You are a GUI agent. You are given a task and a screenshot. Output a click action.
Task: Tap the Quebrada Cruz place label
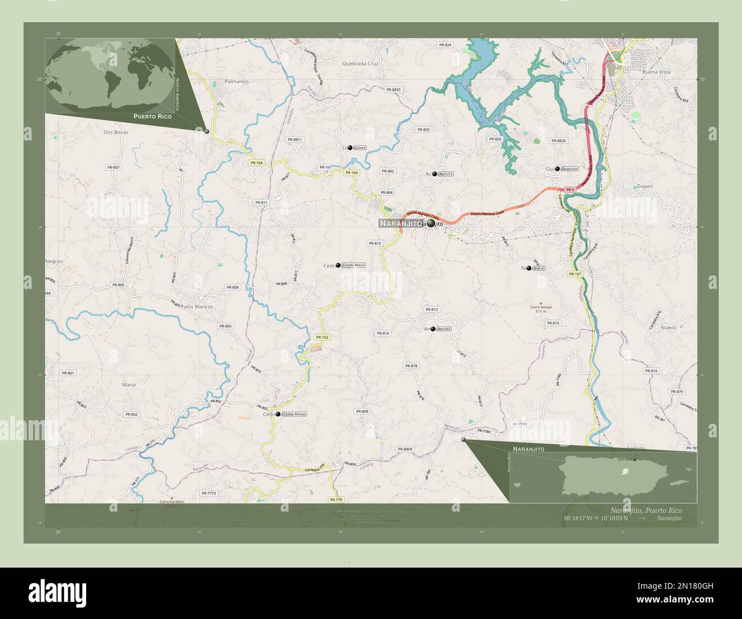point(361,64)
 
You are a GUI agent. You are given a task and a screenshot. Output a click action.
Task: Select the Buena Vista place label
point(656,73)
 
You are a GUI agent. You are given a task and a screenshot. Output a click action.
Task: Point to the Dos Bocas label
point(116,132)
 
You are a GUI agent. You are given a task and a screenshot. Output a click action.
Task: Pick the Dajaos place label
point(644,187)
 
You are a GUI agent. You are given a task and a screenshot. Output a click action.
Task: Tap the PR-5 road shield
point(569,189)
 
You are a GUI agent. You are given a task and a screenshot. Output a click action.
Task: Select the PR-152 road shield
point(321,337)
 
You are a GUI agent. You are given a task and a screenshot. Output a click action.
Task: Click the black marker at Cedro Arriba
point(278,415)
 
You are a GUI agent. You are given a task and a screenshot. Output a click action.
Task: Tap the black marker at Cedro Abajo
point(338,266)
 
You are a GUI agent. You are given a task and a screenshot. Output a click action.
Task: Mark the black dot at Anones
point(433,329)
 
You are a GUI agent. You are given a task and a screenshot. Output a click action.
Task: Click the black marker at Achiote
point(435,174)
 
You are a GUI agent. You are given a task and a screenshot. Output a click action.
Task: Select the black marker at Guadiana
point(558,169)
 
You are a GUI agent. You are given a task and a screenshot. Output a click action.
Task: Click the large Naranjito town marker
point(430,224)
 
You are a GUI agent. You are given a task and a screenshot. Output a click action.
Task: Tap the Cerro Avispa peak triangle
point(541,301)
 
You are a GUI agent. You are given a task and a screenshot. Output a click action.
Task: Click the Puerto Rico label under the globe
point(152,116)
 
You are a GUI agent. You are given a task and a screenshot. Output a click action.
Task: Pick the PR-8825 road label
point(393,90)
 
